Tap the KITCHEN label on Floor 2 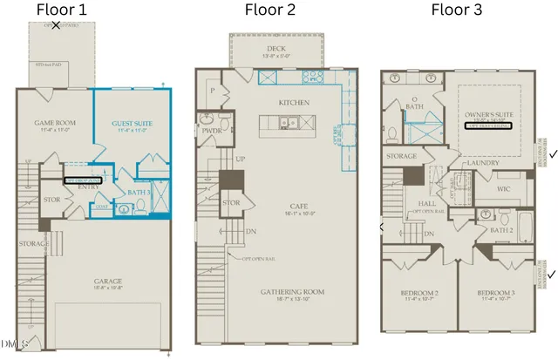click(x=294, y=103)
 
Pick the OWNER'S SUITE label click(x=487, y=112)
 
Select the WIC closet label click(x=505, y=187)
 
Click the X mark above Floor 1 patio click(x=57, y=25)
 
